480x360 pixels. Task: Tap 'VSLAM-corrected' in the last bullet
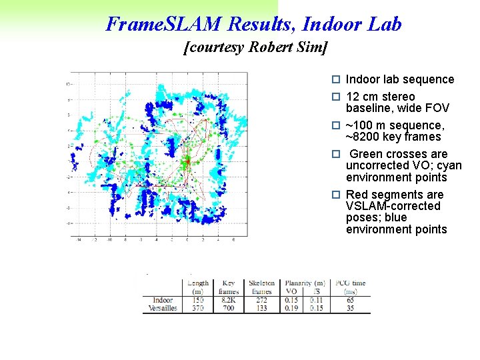click(x=393, y=206)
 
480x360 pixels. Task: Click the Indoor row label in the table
click(x=163, y=300)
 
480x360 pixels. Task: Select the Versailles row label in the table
click(x=163, y=308)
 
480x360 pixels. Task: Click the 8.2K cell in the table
click(x=229, y=300)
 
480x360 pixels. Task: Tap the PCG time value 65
click(x=350, y=300)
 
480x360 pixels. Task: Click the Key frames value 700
click(x=229, y=308)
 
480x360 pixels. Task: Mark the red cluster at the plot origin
click(x=187, y=160)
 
